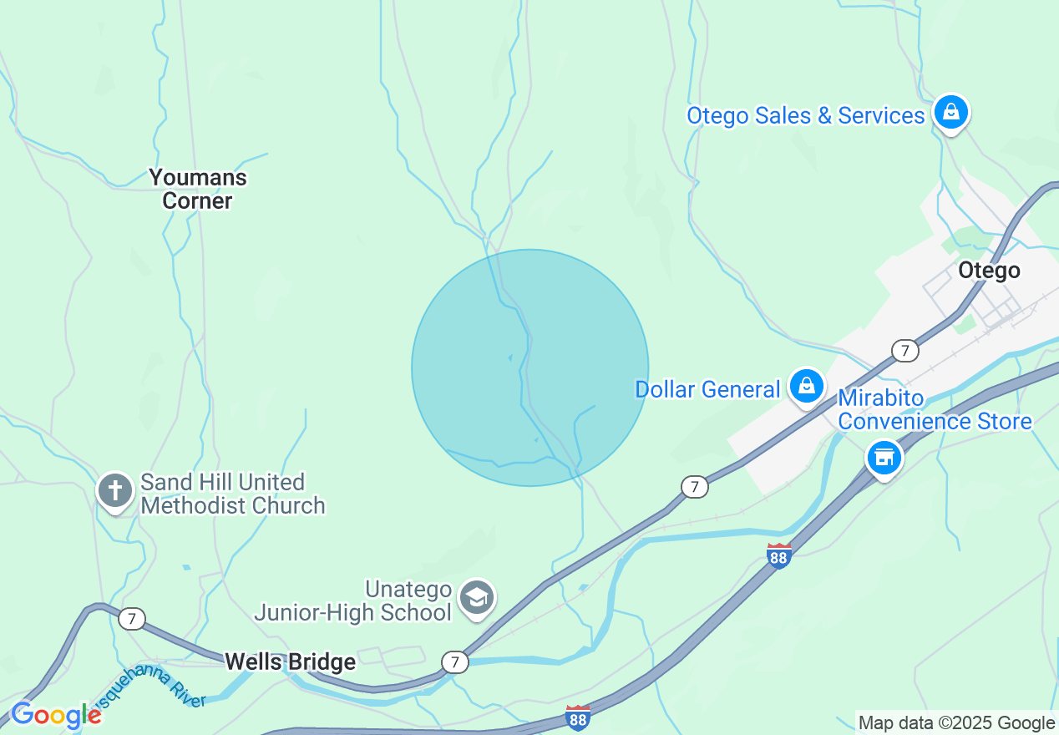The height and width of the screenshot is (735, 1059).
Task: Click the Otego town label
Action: point(989,271)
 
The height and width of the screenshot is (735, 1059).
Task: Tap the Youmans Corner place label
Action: point(198,189)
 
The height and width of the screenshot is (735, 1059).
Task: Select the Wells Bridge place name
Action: point(290,662)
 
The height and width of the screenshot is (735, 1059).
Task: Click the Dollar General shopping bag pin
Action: point(806,386)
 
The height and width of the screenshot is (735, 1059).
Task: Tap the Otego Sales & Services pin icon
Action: point(950,111)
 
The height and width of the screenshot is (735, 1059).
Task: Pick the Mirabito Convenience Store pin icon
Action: point(884,458)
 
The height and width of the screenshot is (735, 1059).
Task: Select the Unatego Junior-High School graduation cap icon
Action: point(477,598)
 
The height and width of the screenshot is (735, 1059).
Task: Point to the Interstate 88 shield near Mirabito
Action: point(778,555)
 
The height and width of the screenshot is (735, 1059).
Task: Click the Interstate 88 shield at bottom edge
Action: point(577,717)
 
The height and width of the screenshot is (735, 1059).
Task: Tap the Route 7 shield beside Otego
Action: point(904,350)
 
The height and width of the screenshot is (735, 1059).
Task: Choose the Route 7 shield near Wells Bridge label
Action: point(454,662)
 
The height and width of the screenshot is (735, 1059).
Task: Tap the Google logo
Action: point(55,716)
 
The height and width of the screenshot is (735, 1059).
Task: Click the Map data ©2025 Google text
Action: point(956,723)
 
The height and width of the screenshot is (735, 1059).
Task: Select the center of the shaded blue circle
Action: point(529,367)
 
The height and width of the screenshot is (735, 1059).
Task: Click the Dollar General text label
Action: point(707,389)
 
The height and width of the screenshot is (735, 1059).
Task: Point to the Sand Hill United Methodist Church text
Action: point(232,494)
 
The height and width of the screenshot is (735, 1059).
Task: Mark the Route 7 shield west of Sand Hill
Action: point(130,619)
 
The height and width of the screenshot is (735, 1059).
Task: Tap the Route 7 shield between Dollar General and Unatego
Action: point(694,487)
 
